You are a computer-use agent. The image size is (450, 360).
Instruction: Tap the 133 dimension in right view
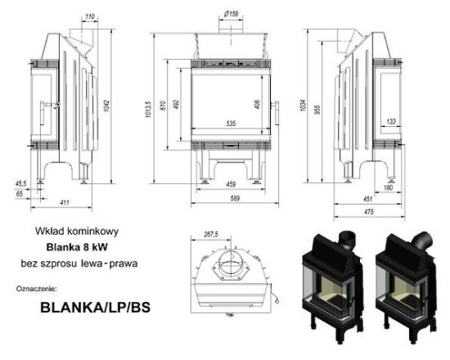tap(391, 121)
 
